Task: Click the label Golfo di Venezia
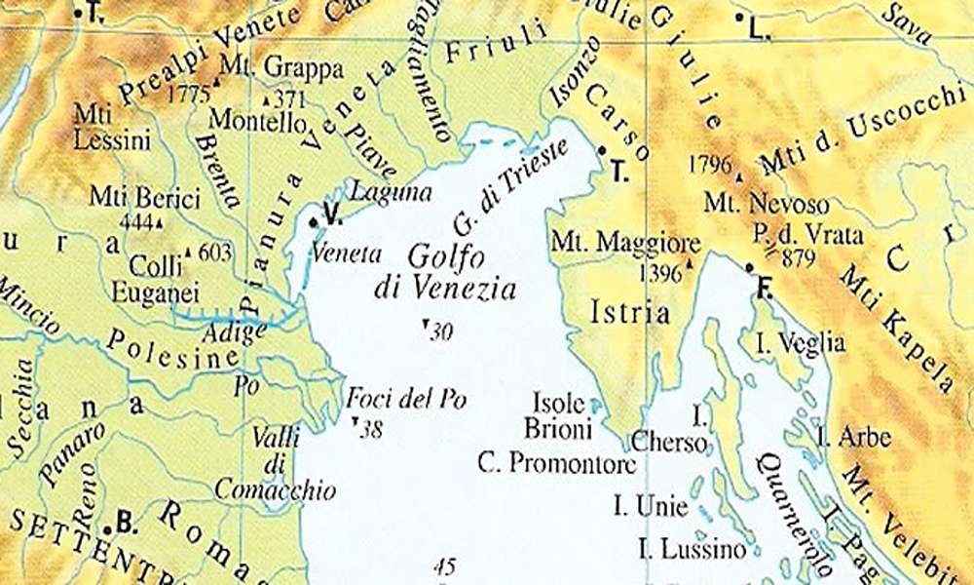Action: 444,273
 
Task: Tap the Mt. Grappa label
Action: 282,68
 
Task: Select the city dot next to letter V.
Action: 314,223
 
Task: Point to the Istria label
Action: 631,313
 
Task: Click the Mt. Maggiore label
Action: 625,242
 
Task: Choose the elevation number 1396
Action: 659,273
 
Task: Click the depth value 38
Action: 370,429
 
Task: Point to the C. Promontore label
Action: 557,462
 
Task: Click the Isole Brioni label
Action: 558,415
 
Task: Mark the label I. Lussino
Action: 693,549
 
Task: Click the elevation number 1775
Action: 189,95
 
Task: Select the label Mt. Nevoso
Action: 768,205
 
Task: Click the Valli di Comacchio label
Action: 276,463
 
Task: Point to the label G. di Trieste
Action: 497,191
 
